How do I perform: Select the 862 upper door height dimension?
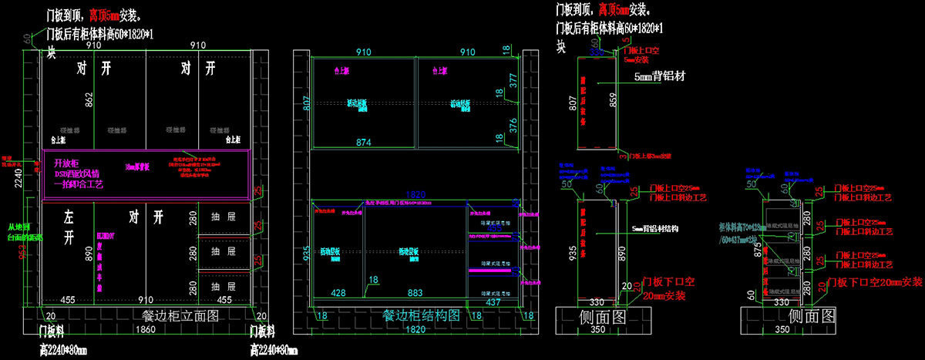89,99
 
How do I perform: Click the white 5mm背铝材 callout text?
660,77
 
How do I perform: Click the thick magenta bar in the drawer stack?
488,271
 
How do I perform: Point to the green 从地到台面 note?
24,232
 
